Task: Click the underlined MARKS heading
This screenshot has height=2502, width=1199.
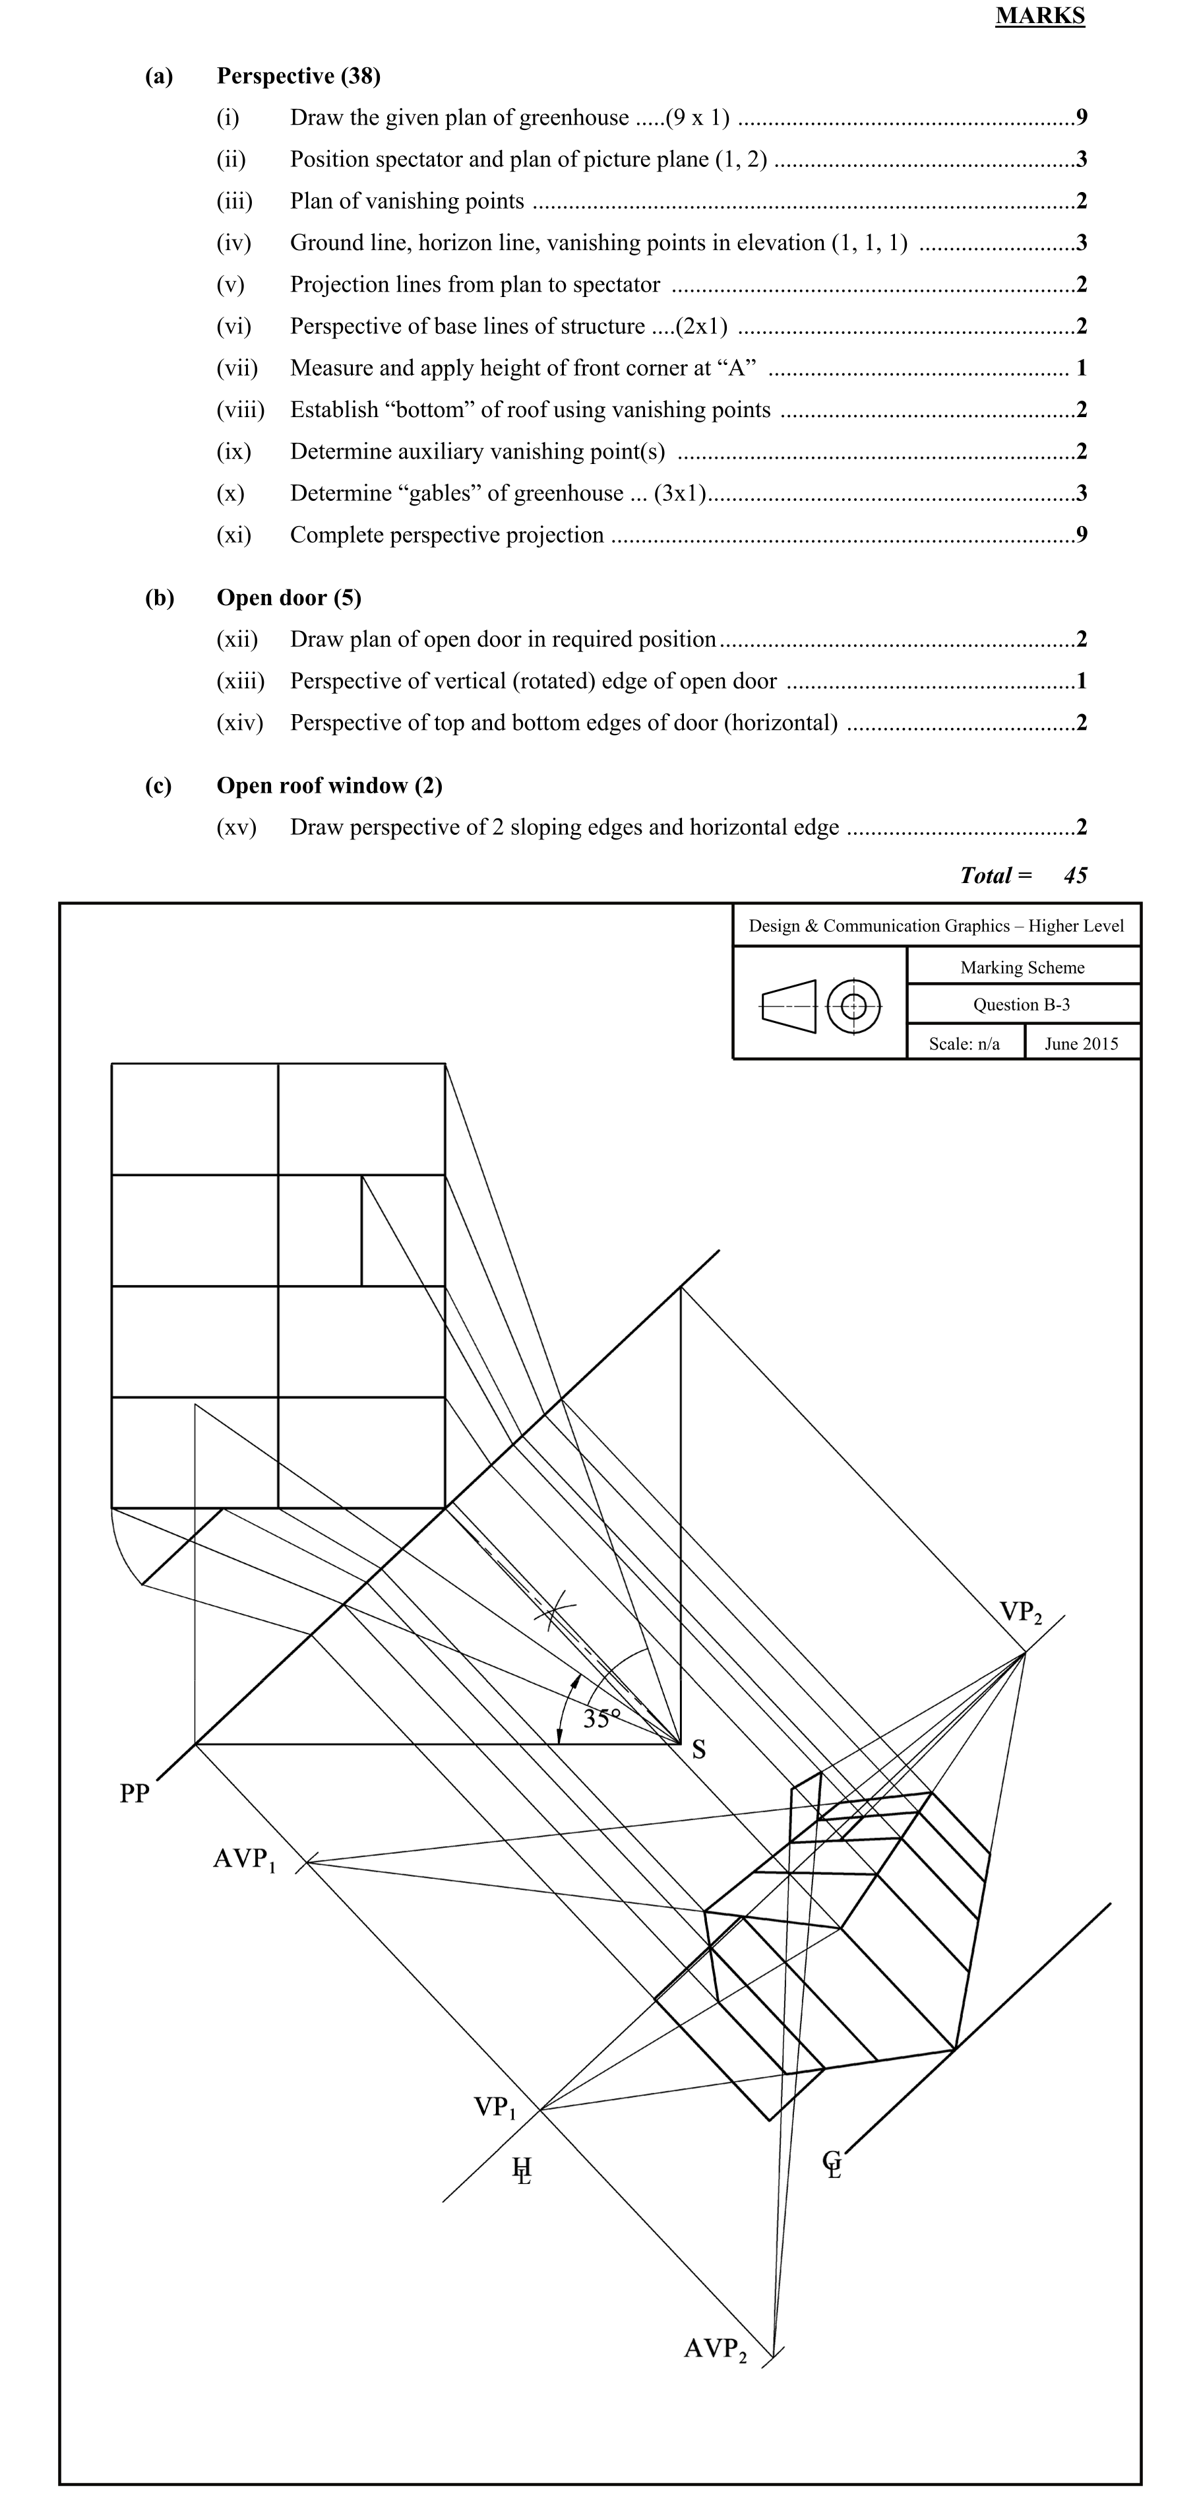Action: pos(1040,16)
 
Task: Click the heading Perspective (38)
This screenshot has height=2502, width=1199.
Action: pos(298,76)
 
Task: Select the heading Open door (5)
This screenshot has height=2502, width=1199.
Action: pos(288,597)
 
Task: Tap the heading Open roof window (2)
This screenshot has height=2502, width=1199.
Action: pos(329,785)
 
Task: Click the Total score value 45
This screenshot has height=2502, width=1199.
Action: pos(1075,875)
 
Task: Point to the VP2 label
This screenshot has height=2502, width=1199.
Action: pos(1020,1613)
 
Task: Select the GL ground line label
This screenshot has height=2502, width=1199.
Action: pos(832,2164)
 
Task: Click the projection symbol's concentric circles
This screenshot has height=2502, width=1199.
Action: pos(853,1005)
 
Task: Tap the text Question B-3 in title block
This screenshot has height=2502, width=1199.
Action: pos(1022,1004)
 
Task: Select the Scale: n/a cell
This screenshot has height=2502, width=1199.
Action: pos(964,1043)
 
